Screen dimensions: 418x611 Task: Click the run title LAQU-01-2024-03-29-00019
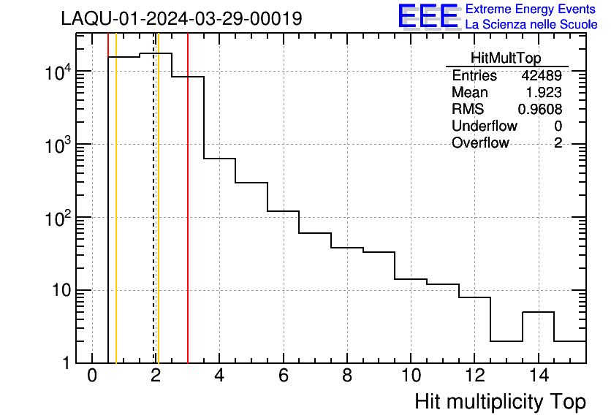click(x=181, y=18)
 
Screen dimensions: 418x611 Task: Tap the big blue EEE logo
click(x=428, y=16)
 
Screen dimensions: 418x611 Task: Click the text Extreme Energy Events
click(x=531, y=9)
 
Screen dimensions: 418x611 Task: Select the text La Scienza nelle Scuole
click(x=531, y=25)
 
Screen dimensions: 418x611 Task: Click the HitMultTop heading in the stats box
click(x=506, y=60)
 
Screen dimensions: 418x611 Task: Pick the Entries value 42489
click(x=541, y=76)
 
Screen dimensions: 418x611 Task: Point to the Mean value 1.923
click(x=544, y=93)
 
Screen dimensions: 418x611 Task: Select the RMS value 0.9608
click(x=540, y=110)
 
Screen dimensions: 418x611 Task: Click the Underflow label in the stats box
click(x=484, y=126)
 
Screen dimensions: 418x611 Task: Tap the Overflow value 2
click(x=558, y=143)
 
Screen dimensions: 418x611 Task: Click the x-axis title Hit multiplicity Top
click(x=500, y=401)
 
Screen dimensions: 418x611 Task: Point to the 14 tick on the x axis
click(x=538, y=376)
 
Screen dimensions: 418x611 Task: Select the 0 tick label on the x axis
click(x=92, y=376)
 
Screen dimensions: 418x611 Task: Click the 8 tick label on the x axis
click(x=347, y=376)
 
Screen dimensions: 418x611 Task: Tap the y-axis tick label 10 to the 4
click(x=58, y=72)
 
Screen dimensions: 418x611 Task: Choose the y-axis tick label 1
click(x=66, y=363)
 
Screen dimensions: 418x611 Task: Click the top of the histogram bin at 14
click(x=538, y=312)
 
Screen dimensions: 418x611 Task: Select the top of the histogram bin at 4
click(x=219, y=159)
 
